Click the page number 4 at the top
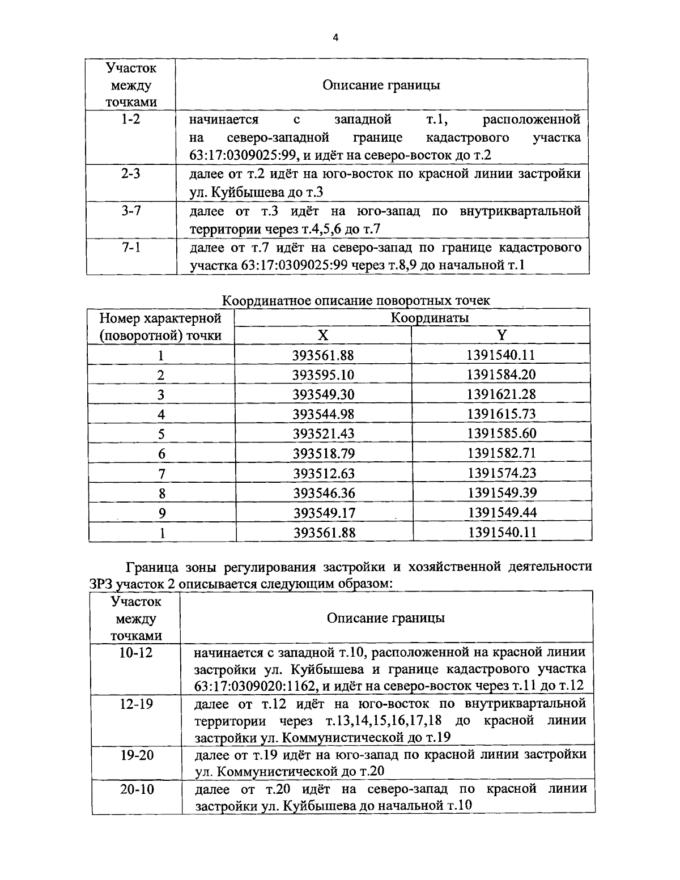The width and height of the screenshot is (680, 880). coord(335,38)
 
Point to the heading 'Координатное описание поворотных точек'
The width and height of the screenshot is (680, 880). coord(356,300)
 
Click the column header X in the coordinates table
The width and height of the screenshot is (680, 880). coord(322,335)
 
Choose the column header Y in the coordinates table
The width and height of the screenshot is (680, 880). coord(501,335)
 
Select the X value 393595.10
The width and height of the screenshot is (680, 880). coord(323,375)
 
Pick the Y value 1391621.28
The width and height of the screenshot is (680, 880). coord(501,394)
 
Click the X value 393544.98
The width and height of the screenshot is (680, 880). coord(323,414)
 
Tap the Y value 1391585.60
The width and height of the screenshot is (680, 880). coord(501,434)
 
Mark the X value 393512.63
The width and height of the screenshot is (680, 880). coord(323,473)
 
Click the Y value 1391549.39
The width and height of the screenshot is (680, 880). coord(501,493)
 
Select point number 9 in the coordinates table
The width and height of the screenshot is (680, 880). coord(161,513)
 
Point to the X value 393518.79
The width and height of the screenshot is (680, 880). coord(323,453)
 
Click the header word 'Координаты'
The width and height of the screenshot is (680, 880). coord(430,317)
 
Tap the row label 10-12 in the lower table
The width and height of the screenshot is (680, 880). coord(136,652)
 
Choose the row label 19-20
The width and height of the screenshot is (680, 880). coord(137,755)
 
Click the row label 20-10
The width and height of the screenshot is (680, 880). coord(137,789)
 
